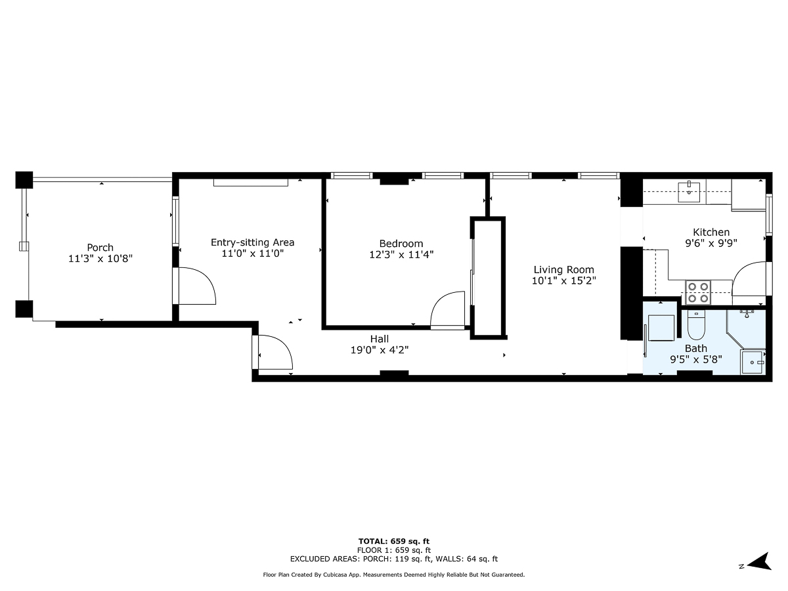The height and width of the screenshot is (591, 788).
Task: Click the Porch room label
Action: [x=100, y=248]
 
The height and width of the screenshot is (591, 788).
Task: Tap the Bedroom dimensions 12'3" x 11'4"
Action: [x=401, y=255]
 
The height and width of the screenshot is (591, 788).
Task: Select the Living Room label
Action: [x=563, y=269]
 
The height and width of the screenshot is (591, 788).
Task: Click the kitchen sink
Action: [x=689, y=190]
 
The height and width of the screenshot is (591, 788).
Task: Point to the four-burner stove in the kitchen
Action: [x=698, y=292]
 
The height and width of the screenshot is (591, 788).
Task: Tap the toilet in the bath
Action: [x=696, y=326]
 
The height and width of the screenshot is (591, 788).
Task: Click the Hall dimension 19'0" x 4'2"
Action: [x=379, y=350]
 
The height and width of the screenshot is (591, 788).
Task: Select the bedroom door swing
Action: [x=447, y=310]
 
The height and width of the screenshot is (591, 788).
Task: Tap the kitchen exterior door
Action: [x=749, y=280]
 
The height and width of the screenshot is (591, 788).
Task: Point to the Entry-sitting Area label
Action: [x=252, y=242]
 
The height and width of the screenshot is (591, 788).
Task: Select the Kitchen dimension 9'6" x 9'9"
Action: [x=711, y=242]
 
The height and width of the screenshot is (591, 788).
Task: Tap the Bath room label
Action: [x=696, y=348]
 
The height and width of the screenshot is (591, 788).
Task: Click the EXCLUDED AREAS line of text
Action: [x=394, y=559]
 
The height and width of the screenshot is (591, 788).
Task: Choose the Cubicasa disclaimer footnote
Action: [x=394, y=575]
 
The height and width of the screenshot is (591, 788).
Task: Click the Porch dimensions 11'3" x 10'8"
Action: [x=100, y=259]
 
